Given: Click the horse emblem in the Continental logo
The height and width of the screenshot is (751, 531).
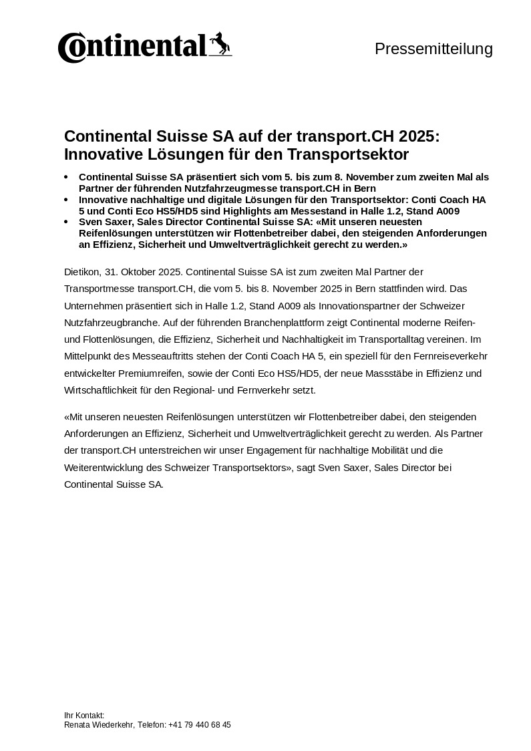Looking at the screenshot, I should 220,44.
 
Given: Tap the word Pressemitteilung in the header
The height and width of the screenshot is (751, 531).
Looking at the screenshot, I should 433,49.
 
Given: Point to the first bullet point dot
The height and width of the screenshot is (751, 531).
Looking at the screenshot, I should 65,177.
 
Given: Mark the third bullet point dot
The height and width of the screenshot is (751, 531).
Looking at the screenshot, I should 65,222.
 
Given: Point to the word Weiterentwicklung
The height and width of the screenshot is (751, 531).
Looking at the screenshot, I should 108,468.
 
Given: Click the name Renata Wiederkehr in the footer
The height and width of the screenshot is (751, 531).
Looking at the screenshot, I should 100,725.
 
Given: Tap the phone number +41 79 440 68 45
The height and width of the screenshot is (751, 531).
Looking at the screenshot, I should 200,725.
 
